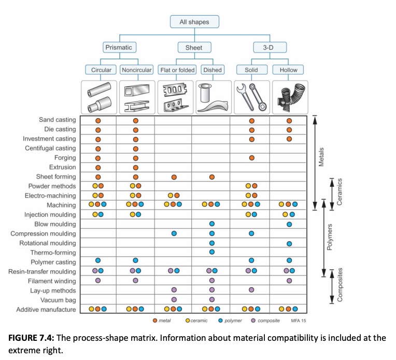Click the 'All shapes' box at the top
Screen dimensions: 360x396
[194, 22]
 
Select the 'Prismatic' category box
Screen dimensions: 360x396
[119, 47]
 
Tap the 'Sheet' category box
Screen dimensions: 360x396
[194, 47]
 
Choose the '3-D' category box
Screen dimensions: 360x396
[270, 47]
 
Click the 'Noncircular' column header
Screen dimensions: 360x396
[137, 70]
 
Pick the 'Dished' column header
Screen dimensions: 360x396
[213, 70]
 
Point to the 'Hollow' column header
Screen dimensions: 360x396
[288, 70]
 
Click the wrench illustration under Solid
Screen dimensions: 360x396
[251, 97]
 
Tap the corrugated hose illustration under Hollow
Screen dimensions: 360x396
[289, 97]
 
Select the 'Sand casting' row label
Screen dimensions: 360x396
[57, 120]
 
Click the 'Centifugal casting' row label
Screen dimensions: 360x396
[50, 148]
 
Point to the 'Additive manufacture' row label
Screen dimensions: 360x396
[46, 310]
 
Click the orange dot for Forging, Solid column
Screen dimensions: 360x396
[251, 158]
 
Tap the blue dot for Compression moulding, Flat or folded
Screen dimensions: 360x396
[174, 233]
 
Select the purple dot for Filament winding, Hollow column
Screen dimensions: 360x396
[289, 281]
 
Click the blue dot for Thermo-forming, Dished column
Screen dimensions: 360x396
[211, 253]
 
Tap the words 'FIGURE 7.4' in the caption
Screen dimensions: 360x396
[30, 338]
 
